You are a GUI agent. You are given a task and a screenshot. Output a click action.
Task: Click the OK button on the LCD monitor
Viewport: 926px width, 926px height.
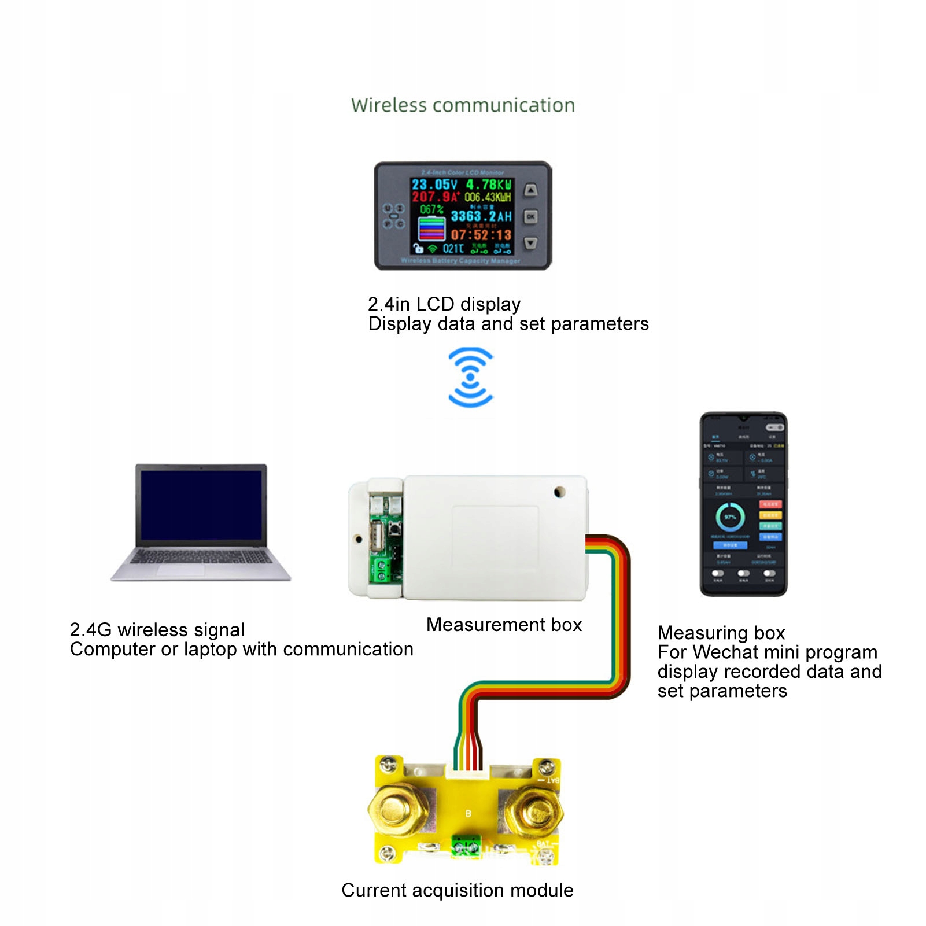(x=530, y=216)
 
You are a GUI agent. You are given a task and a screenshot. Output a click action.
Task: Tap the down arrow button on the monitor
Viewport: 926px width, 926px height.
(x=530, y=244)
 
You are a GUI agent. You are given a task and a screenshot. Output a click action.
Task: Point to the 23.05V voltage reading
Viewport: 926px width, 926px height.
(x=434, y=185)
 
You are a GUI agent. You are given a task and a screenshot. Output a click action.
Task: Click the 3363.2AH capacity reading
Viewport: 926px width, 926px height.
(x=481, y=216)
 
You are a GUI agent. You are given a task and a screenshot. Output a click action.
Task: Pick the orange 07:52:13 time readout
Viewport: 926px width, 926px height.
(x=481, y=235)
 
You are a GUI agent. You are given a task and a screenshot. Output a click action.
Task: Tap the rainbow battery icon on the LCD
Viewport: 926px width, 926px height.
(x=431, y=228)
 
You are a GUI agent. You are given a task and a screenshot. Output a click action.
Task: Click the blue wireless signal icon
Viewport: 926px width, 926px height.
(x=470, y=377)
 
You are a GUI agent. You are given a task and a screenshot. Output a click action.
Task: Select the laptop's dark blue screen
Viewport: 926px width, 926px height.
(x=201, y=504)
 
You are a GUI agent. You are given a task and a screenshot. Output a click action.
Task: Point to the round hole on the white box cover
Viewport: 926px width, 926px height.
(x=559, y=492)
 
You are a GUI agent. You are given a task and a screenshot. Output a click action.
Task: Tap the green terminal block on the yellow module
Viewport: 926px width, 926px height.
(x=466, y=847)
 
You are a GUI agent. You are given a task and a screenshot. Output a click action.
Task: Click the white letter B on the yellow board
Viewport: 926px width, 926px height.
(x=468, y=814)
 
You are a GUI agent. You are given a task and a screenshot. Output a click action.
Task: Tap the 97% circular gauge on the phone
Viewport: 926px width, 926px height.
(x=730, y=517)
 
